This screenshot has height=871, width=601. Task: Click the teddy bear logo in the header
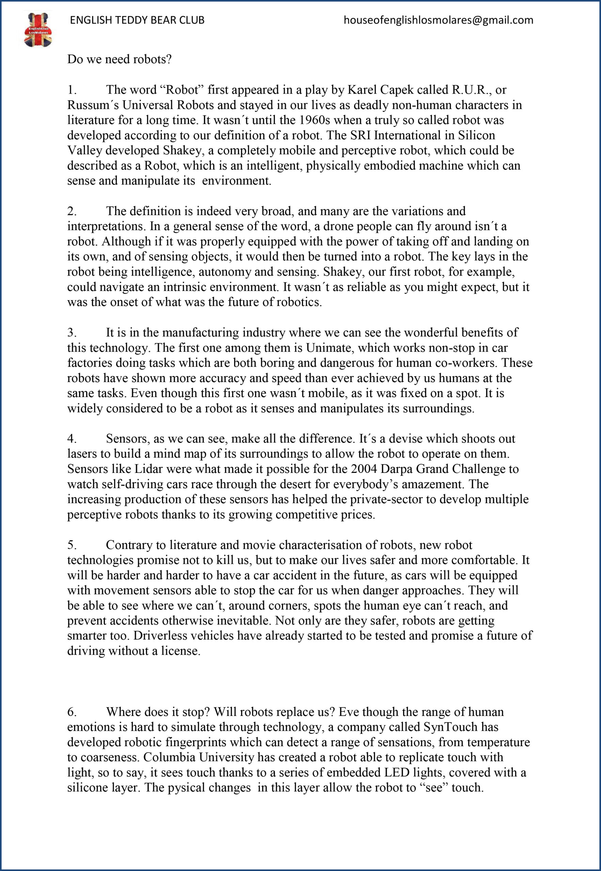[x=38, y=30]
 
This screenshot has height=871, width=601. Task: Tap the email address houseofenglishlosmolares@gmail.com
[x=438, y=20]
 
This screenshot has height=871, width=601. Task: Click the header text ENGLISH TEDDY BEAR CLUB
[x=137, y=20]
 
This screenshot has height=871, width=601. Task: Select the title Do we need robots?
[x=120, y=60]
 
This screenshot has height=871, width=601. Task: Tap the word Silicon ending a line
[x=476, y=135]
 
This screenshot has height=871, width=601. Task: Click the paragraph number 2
[x=72, y=211]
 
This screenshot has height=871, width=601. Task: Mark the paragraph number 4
[x=72, y=439]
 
